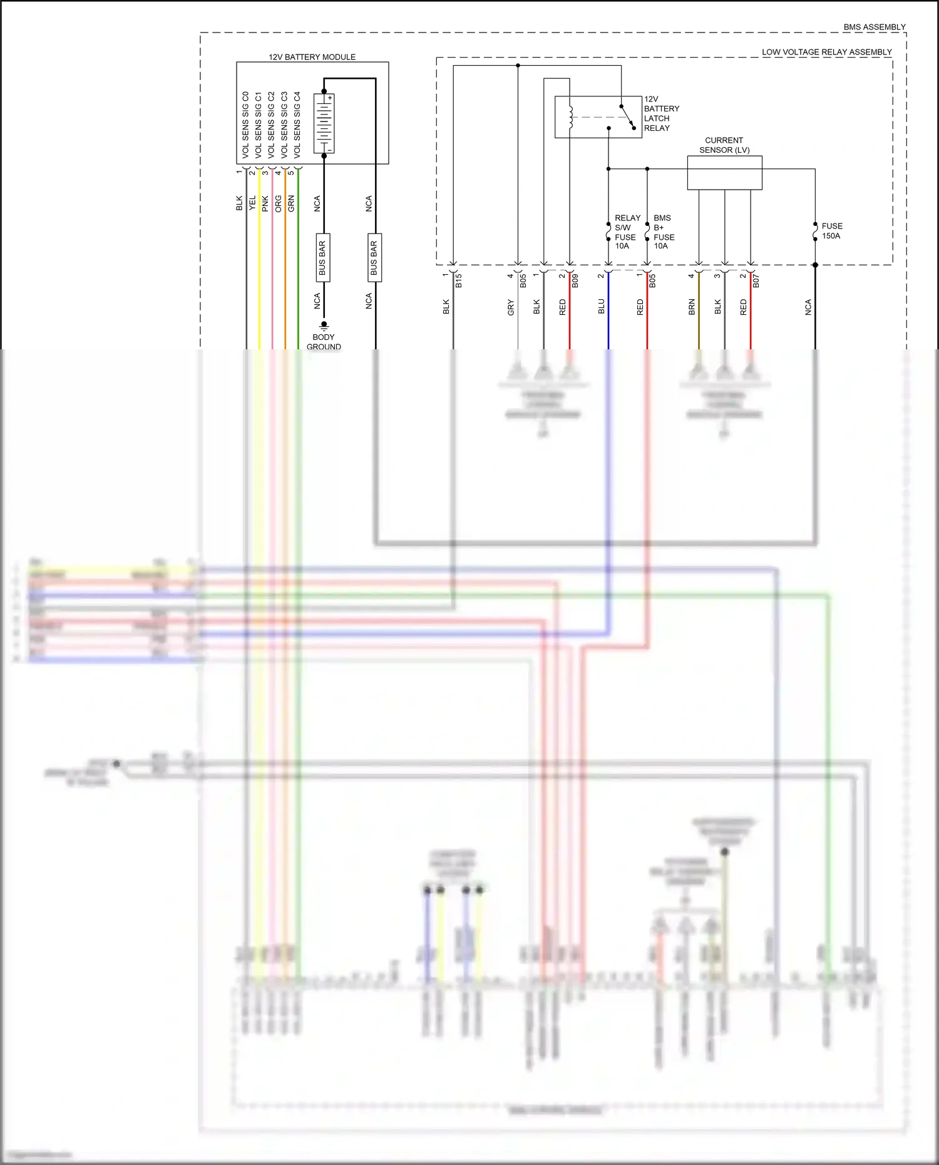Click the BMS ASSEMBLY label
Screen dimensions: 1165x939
874,27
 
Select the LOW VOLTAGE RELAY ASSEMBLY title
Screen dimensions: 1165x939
826,52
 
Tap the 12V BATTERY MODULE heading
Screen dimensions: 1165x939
312,57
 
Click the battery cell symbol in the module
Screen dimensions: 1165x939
324,123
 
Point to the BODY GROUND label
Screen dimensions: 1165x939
324,342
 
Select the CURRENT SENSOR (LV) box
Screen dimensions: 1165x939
724,172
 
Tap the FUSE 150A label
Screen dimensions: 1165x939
831,231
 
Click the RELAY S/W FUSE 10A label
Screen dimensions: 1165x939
625,232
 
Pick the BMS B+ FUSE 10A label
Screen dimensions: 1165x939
664,232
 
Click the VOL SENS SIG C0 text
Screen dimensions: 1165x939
245,125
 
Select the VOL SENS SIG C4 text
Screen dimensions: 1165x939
297,125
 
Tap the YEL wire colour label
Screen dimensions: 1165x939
252,203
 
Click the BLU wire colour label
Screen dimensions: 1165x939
602,306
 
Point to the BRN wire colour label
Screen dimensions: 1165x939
692,307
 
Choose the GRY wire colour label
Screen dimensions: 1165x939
511,307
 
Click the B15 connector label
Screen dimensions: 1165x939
459,280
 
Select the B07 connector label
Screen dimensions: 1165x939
756,280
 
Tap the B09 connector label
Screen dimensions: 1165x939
575,280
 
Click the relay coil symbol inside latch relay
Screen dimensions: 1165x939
570,117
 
